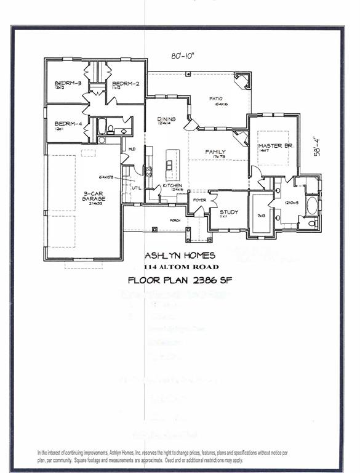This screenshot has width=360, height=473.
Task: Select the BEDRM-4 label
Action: click(x=68, y=124)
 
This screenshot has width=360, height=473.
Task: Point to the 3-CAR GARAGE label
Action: click(x=94, y=196)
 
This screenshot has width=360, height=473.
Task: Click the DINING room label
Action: click(x=166, y=119)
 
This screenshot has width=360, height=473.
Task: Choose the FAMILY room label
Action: click(x=215, y=152)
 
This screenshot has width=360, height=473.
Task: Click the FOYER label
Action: click(x=200, y=200)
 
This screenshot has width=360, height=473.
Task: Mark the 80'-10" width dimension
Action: click(x=183, y=56)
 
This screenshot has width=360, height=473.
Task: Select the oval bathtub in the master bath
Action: click(x=312, y=205)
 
